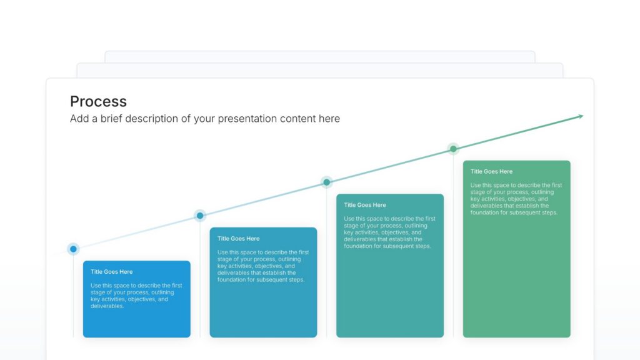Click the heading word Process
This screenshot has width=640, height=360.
[x=98, y=101]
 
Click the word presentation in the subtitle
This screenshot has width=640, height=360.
[x=247, y=119]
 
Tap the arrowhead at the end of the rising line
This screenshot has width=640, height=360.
[x=581, y=116]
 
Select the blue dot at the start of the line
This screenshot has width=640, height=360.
[x=73, y=249]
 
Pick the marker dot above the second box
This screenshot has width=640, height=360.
[x=200, y=216]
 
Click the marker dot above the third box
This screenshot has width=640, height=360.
[x=326, y=182]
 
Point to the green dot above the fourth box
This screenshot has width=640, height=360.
[x=453, y=149]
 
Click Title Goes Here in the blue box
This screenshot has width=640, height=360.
[x=111, y=272]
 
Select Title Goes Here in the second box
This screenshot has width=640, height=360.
[x=238, y=239]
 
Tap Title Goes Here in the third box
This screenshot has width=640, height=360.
[x=365, y=205]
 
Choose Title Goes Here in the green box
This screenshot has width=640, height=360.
[x=491, y=171]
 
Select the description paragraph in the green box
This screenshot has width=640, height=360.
[x=516, y=199]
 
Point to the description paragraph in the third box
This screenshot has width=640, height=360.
[x=389, y=232]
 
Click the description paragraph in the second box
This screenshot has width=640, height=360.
[x=262, y=266]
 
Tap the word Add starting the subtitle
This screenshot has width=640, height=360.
[x=79, y=119]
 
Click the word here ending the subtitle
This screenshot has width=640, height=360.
[x=329, y=119]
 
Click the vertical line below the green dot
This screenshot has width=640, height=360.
[x=453, y=250]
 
